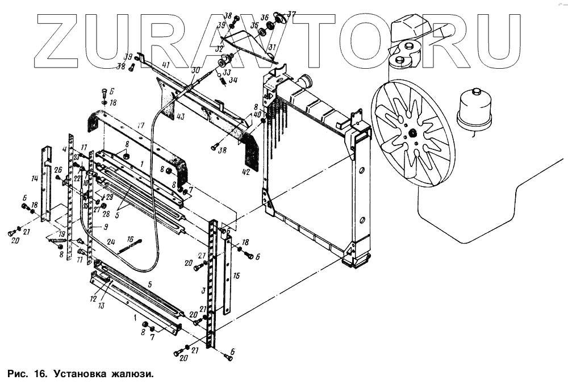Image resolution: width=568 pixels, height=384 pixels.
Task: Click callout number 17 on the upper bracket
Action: [141, 126]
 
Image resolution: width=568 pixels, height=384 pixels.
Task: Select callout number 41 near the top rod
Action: [166, 66]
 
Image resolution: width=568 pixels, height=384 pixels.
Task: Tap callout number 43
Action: [180, 118]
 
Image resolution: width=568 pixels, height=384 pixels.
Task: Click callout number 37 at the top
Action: [291, 14]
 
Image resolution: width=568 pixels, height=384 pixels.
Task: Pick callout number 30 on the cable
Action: [196, 70]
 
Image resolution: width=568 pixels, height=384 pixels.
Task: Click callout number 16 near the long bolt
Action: [130, 239]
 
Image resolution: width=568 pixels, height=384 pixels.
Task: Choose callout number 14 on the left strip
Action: [34, 178]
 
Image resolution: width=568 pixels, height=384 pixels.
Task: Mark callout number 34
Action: [233, 80]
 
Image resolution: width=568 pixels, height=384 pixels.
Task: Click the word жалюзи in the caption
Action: [134, 374]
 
